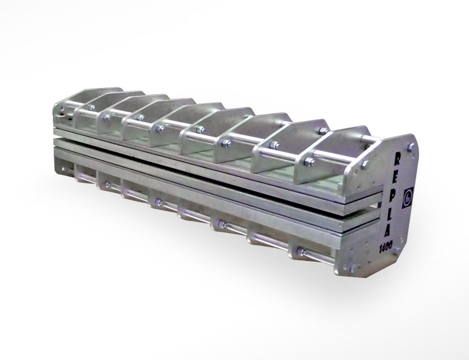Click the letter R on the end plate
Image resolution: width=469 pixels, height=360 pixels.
click(x=398, y=158)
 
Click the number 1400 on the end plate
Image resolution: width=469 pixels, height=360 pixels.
click(x=386, y=247)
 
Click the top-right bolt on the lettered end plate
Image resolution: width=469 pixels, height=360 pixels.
click(x=411, y=147)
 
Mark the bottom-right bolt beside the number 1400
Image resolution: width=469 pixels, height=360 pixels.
click(x=397, y=251)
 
